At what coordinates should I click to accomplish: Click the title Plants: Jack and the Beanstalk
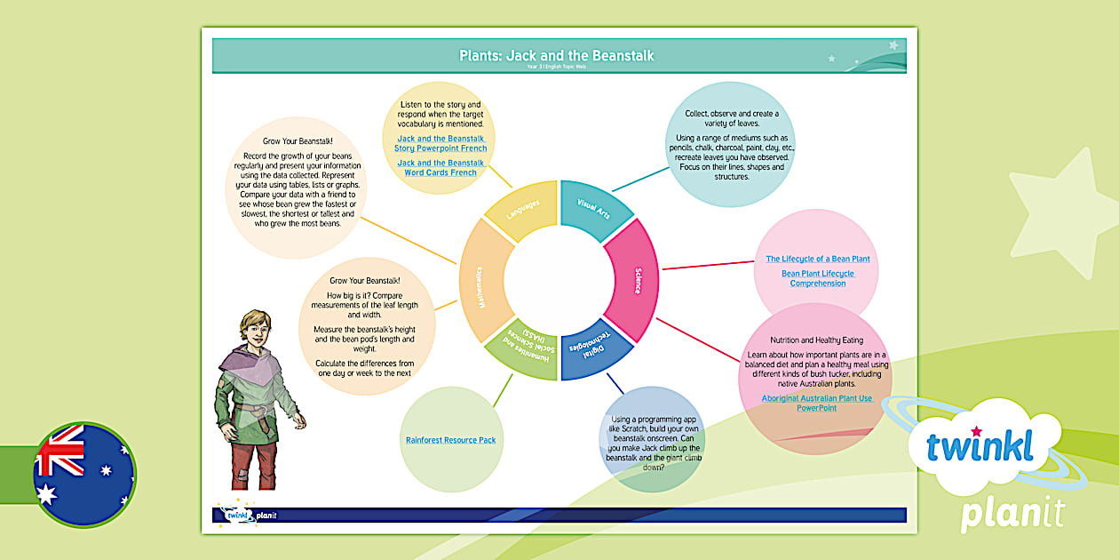click(556, 55)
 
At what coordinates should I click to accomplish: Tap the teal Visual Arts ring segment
click(593, 210)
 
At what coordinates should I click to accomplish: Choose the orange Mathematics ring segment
click(483, 279)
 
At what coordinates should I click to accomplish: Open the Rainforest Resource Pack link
click(450, 440)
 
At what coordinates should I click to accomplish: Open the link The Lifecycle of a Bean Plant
click(817, 259)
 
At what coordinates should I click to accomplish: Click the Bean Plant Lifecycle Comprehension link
click(817, 278)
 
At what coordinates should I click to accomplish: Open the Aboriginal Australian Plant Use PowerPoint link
click(816, 403)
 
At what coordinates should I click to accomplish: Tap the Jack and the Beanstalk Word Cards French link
click(440, 167)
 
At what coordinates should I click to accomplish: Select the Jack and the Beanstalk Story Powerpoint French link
click(440, 143)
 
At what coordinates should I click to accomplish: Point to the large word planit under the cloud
click(1012, 515)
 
